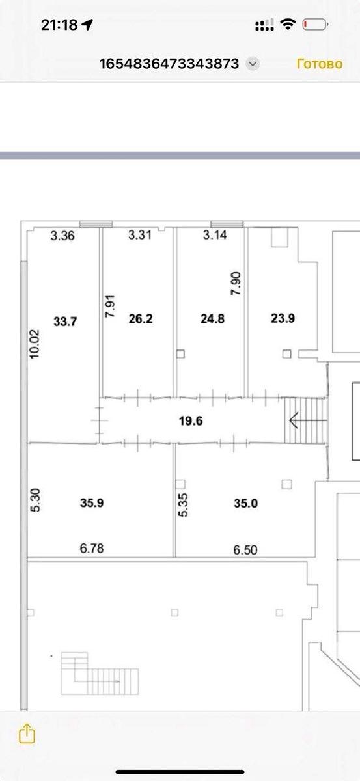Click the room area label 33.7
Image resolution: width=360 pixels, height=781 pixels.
pos(65,321)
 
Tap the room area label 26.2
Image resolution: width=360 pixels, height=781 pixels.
pos(141,319)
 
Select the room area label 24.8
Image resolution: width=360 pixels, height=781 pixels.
pos(212,319)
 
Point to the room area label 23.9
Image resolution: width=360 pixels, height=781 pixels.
pos(283,318)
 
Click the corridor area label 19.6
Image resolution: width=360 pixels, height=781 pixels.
pos(191,421)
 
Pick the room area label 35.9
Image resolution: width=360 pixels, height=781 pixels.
pos(92,502)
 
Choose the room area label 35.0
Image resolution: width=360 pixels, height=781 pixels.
pos(246,503)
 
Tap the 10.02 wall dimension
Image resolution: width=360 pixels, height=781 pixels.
pos(35,344)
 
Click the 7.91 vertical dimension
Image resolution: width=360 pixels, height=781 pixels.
pos(110,306)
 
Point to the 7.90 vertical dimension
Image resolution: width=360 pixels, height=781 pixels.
pos(236,284)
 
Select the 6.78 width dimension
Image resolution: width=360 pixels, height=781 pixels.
pos(92,549)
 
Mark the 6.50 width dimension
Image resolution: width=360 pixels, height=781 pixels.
pos(245,550)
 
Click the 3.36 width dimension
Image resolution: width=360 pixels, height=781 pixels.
pos(62,236)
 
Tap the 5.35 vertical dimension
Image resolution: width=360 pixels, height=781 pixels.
pos(183,504)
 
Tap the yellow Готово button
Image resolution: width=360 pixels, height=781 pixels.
pos(320,64)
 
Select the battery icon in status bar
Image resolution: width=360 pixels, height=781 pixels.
pos(315,25)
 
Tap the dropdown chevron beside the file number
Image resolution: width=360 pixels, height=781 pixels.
pos(253,64)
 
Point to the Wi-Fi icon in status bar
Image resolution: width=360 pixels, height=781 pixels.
pos(288,25)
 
